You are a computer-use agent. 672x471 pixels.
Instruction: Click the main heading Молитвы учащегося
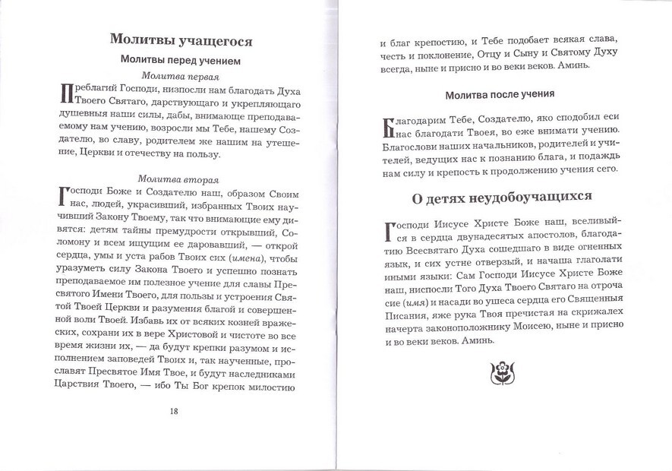tap(181, 40)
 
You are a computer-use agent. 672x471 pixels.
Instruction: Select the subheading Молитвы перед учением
tap(181, 60)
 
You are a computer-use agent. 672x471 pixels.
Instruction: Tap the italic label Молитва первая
tap(181, 77)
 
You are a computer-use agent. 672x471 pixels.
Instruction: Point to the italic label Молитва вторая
tap(181, 180)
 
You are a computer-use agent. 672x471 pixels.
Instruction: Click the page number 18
tap(174, 411)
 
